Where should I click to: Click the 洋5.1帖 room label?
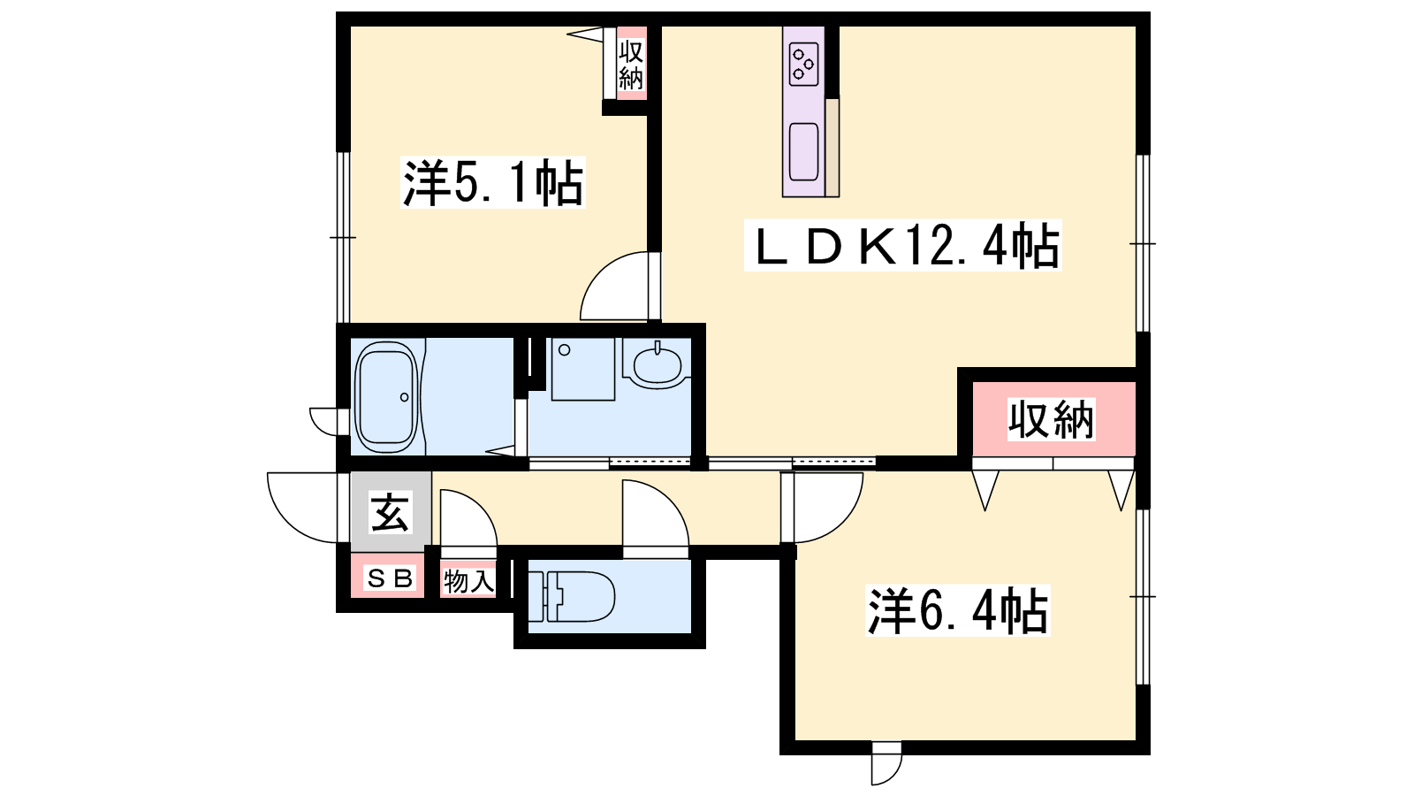click(492, 182)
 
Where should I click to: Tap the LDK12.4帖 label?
click(902, 246)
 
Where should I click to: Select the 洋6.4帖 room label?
click(958, 610)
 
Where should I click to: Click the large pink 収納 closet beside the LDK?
click(1053, 417)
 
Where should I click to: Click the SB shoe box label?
click(390, 578)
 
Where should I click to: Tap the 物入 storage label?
click(468, 581)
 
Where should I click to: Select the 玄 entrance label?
click(391, 512)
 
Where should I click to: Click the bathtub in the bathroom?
click(387, 396)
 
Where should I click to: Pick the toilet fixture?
click(571, 596)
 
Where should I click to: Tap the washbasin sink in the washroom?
click(657, 364)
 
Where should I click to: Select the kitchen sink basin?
click(803, 151)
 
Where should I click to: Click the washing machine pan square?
click(582, 369)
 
